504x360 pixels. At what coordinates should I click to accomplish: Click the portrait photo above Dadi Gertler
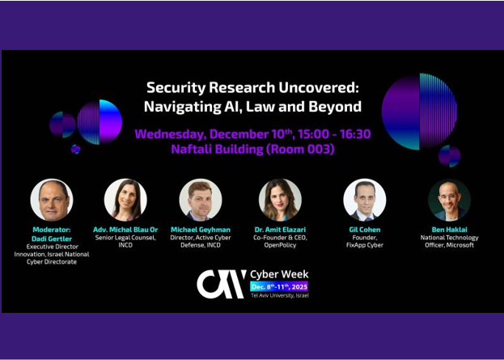point(52,200)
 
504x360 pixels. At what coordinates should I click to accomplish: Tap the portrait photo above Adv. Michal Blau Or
point(125,200)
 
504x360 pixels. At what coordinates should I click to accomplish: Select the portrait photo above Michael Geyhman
point(201,200)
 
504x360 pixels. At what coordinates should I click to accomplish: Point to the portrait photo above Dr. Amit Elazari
point(280,200)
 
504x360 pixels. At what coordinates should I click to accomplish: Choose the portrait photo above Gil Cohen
point(364,200)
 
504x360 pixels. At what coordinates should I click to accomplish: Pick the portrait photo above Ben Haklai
point(449,200)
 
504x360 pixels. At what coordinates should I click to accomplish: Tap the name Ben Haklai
point(449,230)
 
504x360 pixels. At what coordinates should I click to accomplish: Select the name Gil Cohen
point(364,230)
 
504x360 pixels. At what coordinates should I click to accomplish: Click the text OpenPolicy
point(280,245)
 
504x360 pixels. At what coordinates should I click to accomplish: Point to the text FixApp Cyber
point(364,245)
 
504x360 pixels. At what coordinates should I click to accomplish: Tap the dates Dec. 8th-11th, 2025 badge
point(279,286)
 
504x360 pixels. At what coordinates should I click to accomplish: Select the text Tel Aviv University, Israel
point(279,295)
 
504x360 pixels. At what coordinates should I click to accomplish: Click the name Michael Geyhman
point(201,230)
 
